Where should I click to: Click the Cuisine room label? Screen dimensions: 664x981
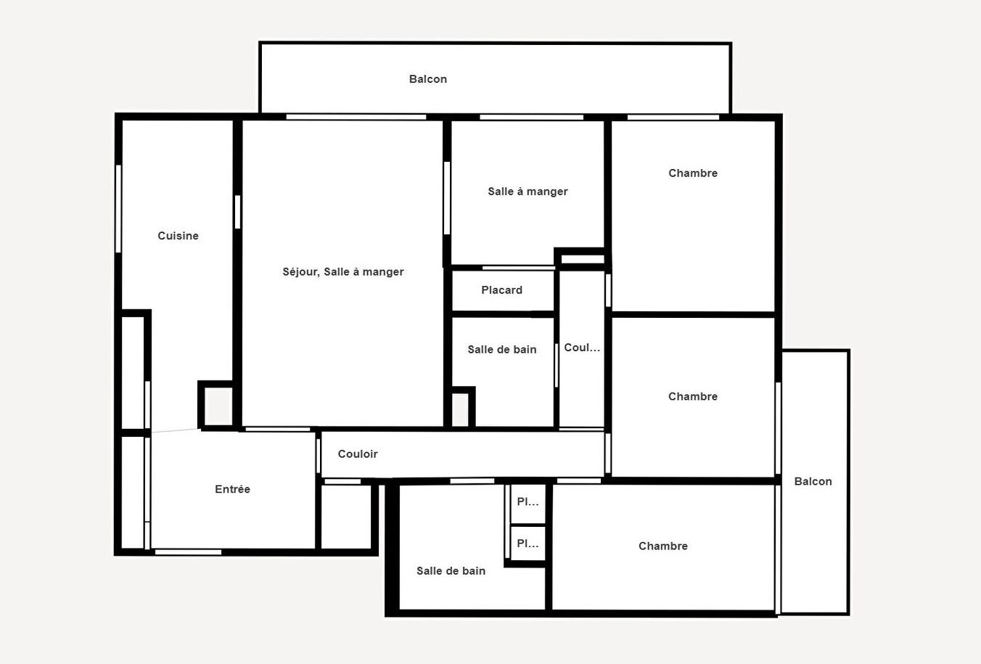click(178, 236)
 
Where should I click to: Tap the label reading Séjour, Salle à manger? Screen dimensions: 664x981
click(343, 272)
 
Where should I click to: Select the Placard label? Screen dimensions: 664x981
click(501, 290)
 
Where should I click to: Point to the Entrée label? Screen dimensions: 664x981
click(232, 490)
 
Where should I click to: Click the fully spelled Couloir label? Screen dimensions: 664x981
click(358, 454)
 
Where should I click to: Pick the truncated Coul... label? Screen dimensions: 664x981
click(582, 348)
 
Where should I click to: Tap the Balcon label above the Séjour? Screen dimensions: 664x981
click(428, 79)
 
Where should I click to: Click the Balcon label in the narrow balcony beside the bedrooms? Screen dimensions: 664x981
click(813, 482)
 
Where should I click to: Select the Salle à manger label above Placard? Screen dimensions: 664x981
click(528, 192)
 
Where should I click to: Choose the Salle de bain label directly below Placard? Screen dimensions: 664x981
click(502, 350)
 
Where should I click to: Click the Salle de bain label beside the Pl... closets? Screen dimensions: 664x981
click(451, 571)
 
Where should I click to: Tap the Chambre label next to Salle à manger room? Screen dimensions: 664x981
click(693, 173)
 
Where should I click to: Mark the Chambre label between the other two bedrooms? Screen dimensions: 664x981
click(693, 397)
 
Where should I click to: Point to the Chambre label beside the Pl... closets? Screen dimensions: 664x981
click(663, 546)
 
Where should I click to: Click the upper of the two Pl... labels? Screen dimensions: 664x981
click(528, 501)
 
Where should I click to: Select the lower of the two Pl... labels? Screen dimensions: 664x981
click(528, 544)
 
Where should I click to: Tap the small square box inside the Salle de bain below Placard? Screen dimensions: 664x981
click(461, 409)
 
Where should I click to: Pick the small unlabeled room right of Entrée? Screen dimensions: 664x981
click(347, 517)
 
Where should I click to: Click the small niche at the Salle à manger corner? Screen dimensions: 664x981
click(582, 258)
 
